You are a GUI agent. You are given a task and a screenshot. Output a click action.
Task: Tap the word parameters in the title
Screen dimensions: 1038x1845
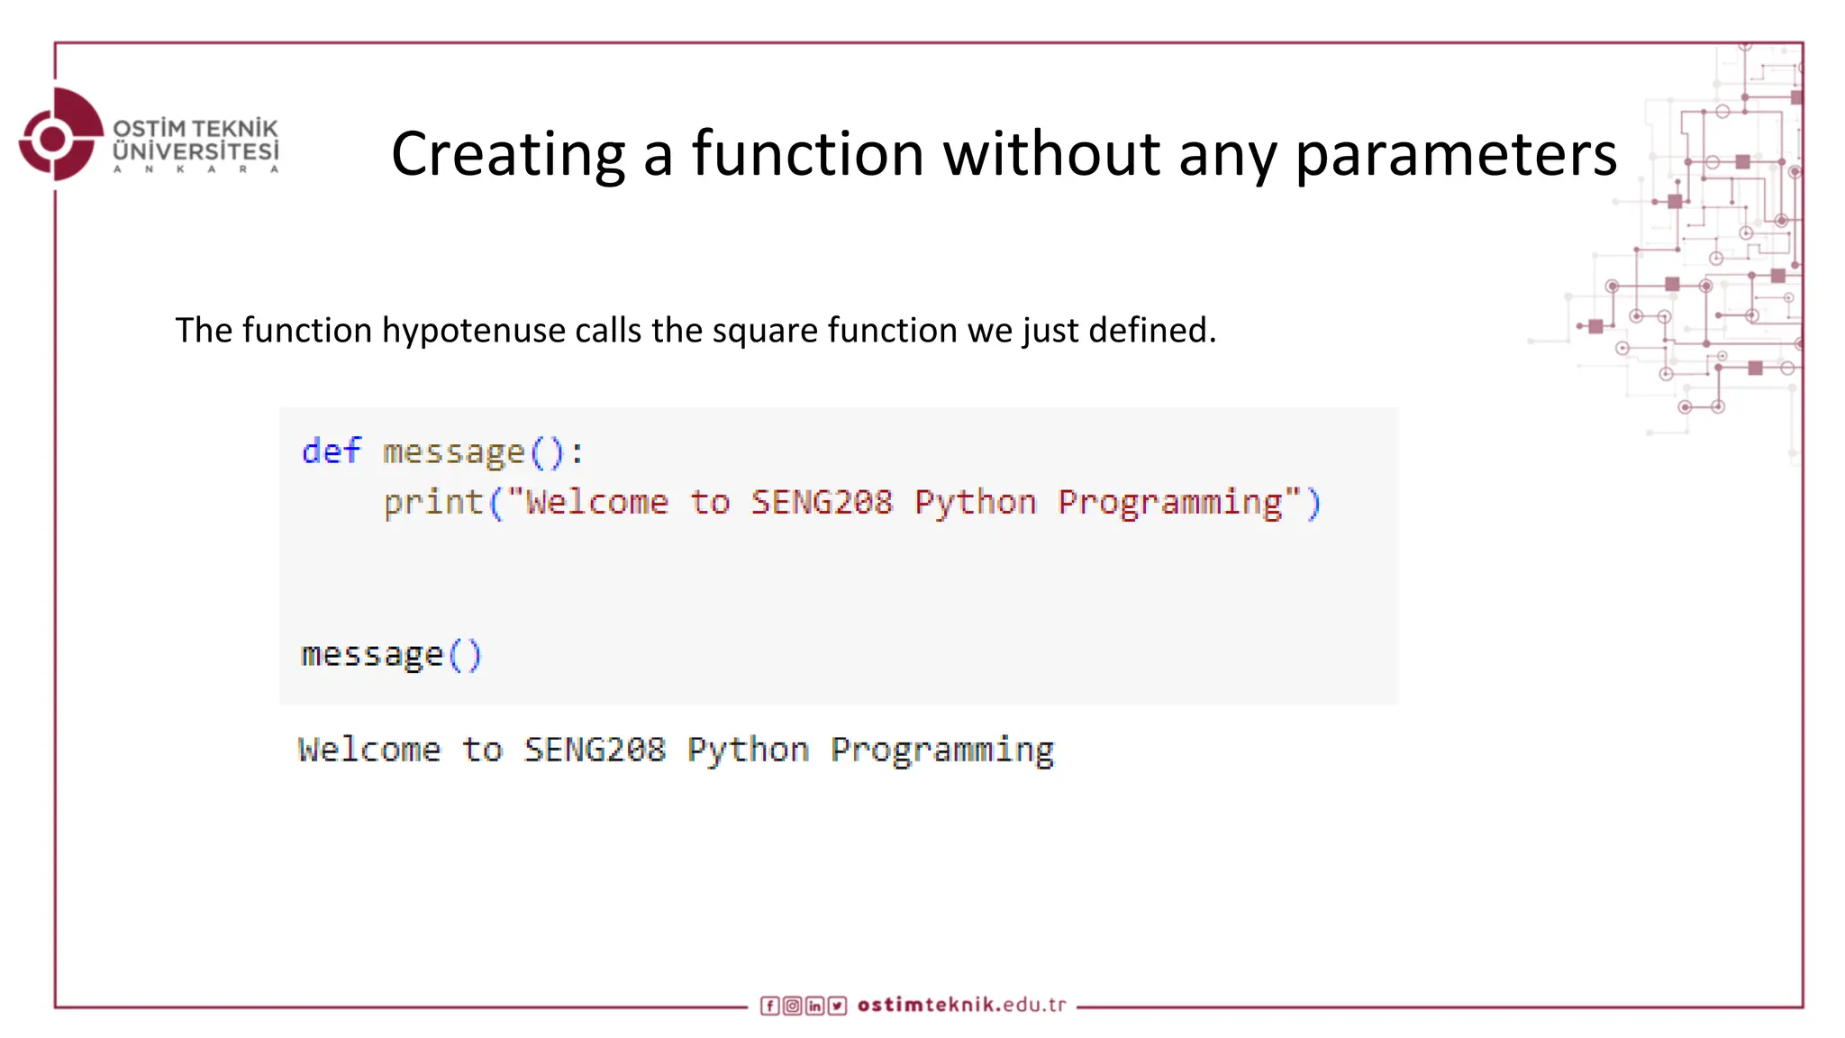[1455, 154]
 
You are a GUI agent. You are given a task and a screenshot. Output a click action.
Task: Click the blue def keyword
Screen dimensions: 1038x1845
[331, 451]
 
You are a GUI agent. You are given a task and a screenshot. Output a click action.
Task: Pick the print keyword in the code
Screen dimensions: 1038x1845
[433, 502]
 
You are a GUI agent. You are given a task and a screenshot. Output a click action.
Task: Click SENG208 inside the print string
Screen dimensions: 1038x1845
[821, 502]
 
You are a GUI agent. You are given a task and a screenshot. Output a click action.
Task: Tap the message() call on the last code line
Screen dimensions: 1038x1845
[391, 655]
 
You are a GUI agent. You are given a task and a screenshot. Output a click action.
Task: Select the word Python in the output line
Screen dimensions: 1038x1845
[747, 750]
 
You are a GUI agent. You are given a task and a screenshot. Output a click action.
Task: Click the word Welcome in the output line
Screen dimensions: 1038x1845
[369, 750]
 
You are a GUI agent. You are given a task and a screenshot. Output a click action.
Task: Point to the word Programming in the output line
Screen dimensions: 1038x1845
[941, 750]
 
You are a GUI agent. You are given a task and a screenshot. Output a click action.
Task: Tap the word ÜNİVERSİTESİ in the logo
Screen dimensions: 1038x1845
[195, 151]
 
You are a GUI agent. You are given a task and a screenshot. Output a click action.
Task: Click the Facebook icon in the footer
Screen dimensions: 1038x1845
[769, 1006]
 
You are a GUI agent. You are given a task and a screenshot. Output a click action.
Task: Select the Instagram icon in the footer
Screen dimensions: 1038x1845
[792, 1006]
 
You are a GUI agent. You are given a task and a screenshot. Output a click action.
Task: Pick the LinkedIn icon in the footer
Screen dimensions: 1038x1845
[814, 1006]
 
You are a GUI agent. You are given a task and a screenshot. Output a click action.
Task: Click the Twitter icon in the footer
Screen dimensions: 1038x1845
[837, 1006]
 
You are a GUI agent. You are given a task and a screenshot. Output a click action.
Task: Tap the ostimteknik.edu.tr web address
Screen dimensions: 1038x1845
[961, 1005]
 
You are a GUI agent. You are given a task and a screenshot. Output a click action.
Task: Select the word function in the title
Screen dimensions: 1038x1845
[807, 154]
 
